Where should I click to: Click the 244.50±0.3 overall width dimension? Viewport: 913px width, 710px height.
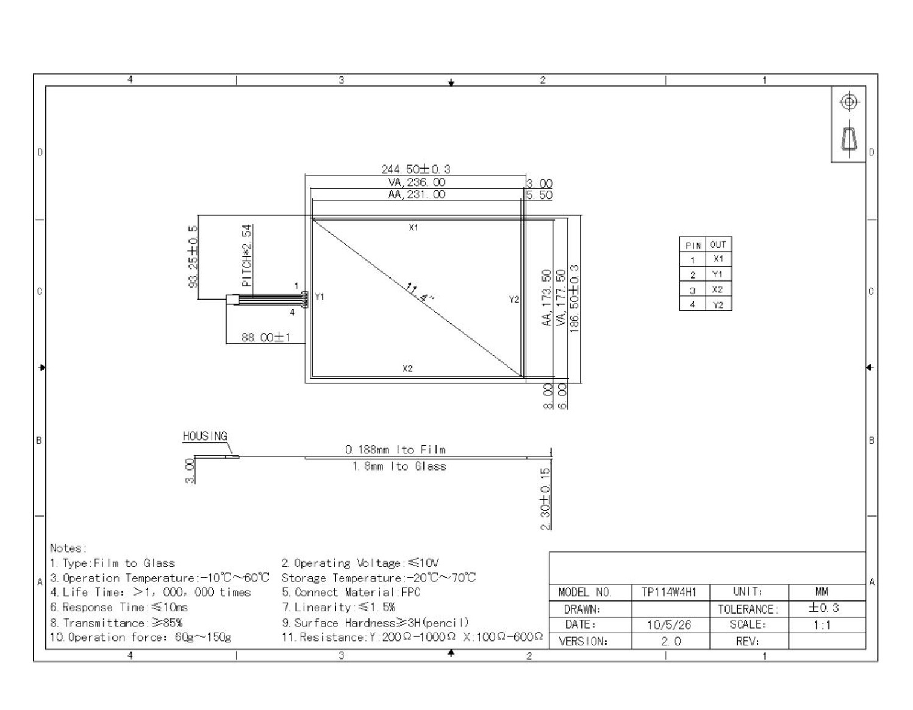tap(415, 169)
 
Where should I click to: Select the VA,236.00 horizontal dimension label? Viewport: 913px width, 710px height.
tap(417, 182)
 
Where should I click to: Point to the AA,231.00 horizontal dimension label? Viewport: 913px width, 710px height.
tap(417, 194)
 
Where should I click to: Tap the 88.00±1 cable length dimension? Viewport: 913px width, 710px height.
tap(265, 338)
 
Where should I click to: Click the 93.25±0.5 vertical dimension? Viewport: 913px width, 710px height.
tap(193, 257)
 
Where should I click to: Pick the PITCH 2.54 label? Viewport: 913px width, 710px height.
tap(247, 256)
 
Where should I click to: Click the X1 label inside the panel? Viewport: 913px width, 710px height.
tap(414, 227)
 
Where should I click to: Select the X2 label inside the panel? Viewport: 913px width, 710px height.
tap(407, 369)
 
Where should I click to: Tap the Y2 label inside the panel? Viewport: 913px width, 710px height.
tap(514, 299)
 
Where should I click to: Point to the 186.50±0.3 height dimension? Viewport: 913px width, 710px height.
tap(575, 299)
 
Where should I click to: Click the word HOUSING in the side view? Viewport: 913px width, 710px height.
tap(205, 436)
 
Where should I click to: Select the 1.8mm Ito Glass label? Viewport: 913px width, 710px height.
tap(399, 466)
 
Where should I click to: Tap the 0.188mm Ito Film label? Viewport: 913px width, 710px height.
tap(395, 450)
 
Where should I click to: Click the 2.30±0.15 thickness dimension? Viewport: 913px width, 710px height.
tap(545, 499)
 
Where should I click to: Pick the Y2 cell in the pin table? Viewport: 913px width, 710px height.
tap(718, 305)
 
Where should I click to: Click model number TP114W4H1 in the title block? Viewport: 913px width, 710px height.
tap(669, 592)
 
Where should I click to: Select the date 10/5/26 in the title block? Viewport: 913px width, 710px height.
tap(669, 625)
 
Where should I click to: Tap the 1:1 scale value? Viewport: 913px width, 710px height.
tap(822, 625)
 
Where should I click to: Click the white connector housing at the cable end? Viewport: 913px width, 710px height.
tap(232, 300)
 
